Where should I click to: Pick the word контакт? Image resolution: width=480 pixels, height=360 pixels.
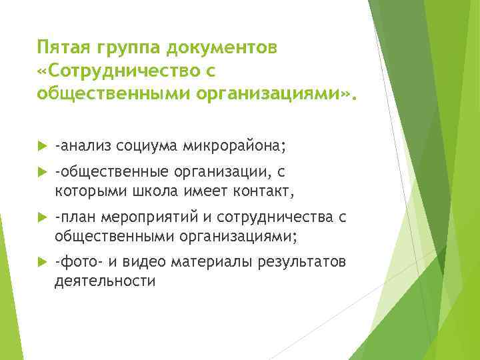pyautogui.click(x=261, y=192)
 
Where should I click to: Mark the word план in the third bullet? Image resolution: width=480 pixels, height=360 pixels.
pyautogui.click(x=76, y=217)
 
